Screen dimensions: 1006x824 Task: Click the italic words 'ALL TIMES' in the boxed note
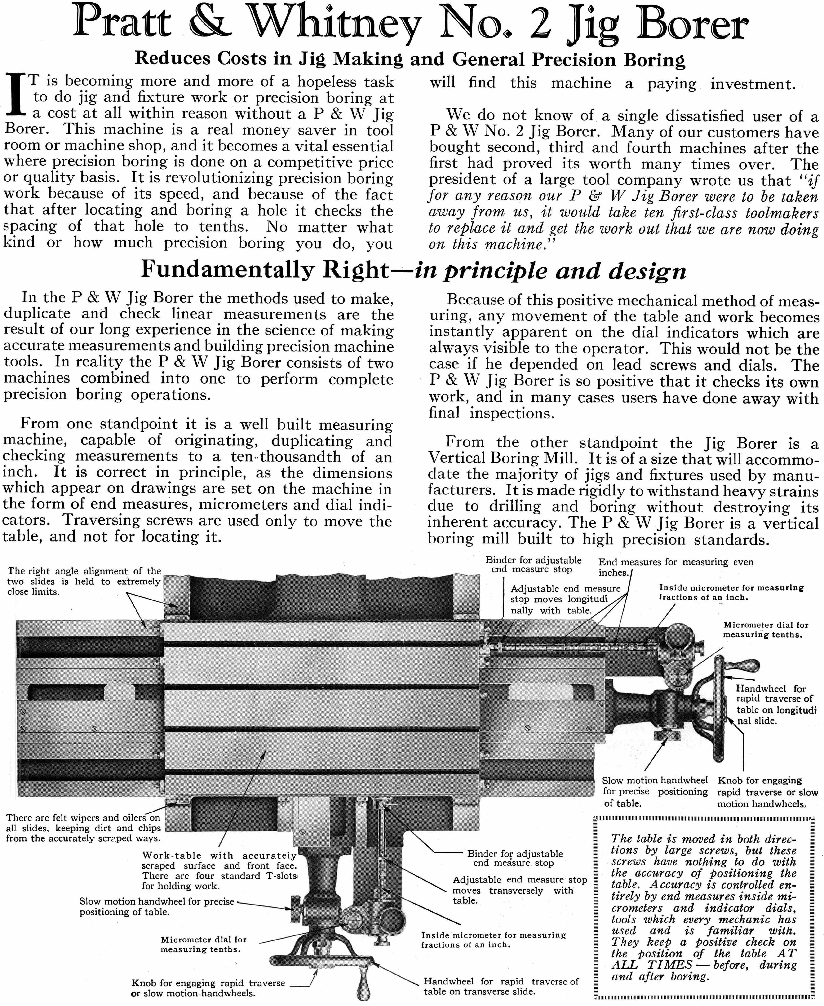652,965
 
